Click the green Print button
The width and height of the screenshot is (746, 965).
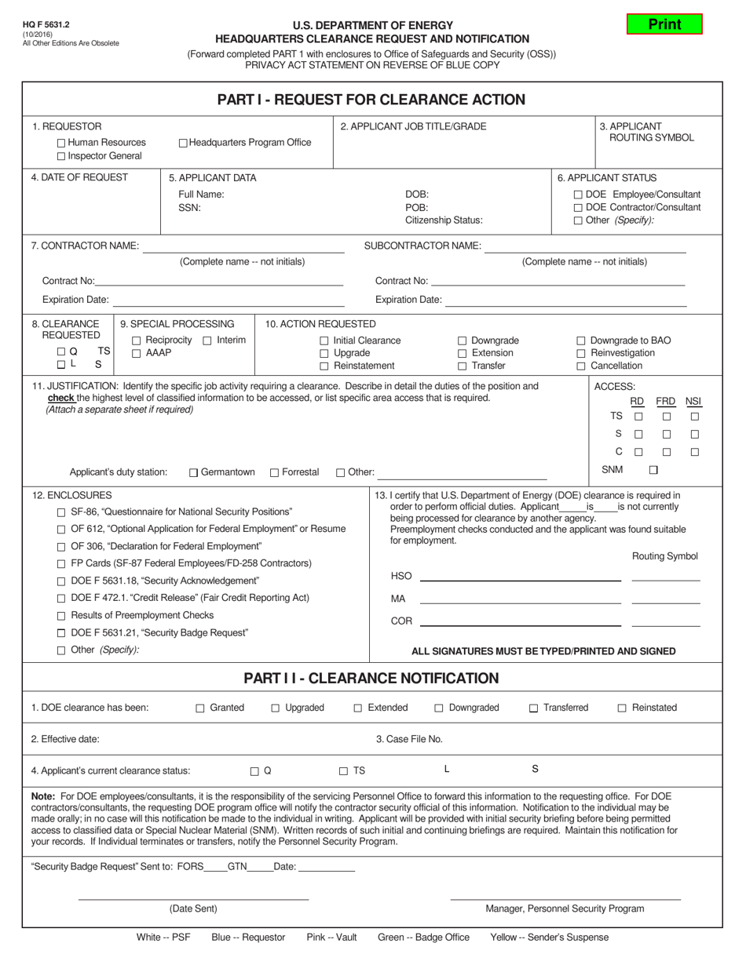tap(664, 24)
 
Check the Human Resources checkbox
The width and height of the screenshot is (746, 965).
tap(62, 143)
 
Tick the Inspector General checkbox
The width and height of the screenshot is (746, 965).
tap(62, 156)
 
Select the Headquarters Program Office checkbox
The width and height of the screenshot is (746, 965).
tap(183, 143)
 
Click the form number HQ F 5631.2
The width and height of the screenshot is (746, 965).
tap(44, 25)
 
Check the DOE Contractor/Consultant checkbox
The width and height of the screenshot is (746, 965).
tap(579, 208)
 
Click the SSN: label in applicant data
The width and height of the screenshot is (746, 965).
tap(189, 208)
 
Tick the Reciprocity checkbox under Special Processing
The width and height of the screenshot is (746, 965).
tap(137, 340)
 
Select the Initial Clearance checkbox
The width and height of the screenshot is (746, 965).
tap(324, 340)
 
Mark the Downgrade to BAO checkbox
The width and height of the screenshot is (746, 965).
tap(581, 340)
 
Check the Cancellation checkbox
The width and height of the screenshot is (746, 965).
tap(581, 366)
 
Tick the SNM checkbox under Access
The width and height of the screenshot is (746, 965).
tap(653, 470)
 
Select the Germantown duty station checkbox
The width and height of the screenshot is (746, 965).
tap(193, 472)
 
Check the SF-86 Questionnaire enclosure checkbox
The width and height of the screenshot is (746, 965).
tap(62, 512)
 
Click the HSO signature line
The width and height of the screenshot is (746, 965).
tap(520, 579)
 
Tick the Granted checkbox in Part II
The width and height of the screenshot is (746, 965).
tap(200, 708)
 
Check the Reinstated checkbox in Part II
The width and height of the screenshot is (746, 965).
tap(622, 708)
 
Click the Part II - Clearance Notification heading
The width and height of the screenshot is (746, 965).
tap(371, 679)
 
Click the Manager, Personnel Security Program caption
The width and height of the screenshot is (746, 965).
tap(565, 909)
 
